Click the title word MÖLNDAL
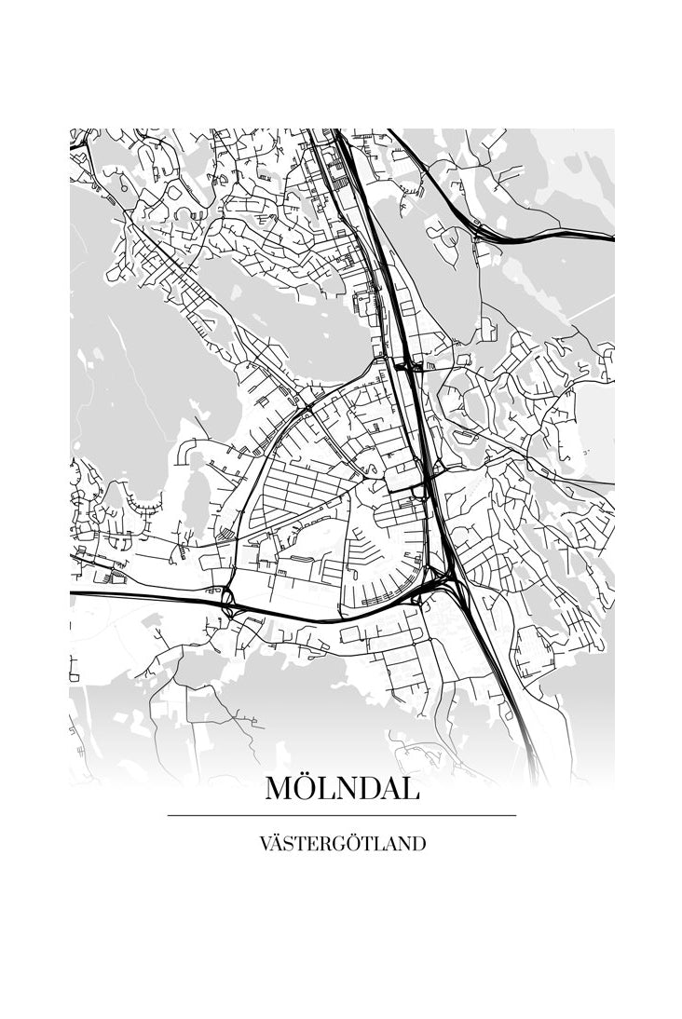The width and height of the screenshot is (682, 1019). pos(342,788)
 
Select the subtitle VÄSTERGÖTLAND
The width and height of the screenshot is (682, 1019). pos(342,844)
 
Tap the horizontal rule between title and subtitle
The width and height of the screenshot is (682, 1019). pos(342,815)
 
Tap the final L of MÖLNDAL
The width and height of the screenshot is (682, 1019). pos(411,788)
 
